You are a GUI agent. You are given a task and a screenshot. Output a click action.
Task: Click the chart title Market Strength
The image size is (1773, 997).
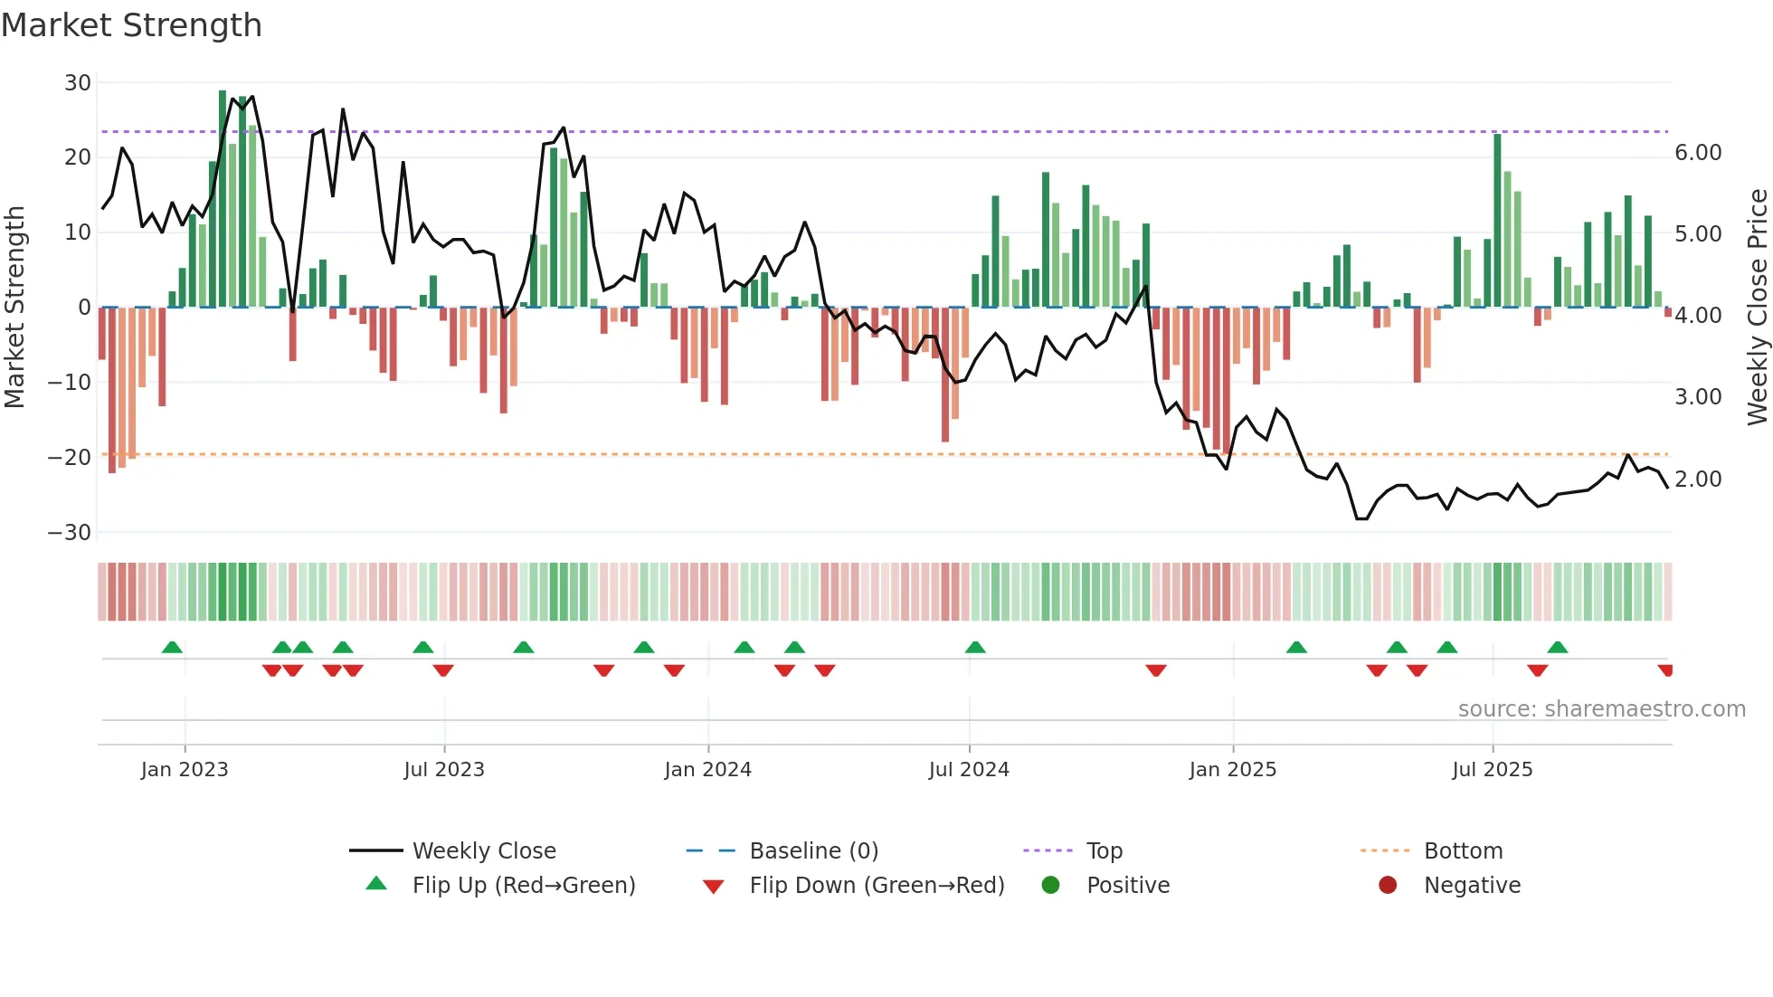[132, 25]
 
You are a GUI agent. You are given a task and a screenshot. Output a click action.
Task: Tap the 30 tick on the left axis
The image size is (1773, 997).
[78, 83]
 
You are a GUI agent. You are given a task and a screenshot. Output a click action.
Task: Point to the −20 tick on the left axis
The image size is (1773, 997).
[69, 458]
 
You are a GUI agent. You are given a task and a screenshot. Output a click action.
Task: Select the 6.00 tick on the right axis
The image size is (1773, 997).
[1698, 153]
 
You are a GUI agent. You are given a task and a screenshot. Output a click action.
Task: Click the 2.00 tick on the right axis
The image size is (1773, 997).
[1698, 480]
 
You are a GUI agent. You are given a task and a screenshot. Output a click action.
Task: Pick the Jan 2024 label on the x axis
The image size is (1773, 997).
[707, 770]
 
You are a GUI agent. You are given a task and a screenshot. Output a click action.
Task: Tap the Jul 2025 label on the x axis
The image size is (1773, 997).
[1492, 770]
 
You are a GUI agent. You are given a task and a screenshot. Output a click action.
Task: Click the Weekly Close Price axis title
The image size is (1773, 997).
[1757, 307]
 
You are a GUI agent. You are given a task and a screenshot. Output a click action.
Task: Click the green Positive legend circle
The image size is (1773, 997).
[1050, 885]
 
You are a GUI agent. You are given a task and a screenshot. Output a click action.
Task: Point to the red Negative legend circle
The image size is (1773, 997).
[1388, 885]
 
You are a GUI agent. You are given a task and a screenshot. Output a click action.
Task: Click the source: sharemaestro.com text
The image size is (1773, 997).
[1601, 709]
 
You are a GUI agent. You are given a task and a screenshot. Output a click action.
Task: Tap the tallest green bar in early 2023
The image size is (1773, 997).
[223, 199]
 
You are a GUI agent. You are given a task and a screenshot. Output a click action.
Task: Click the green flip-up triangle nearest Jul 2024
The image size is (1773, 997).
[974, 647]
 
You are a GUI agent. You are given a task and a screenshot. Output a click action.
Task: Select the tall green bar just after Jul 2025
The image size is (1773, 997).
[1497, 221]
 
